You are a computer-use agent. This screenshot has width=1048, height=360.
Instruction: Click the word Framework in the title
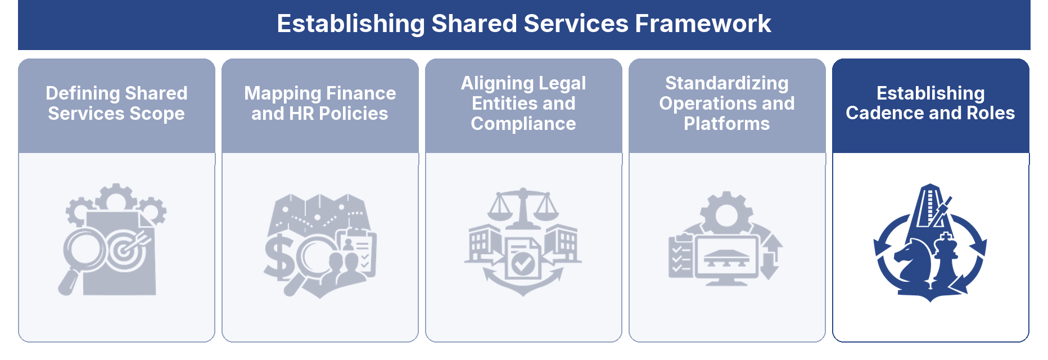point(703,24)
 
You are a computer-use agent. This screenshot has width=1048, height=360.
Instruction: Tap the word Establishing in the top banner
point(351,24)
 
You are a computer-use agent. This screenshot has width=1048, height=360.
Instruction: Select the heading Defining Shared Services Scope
point(116,103)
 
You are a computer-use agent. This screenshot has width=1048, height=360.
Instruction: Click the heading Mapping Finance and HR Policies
point(320,103)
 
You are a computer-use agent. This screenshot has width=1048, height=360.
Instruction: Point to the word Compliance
point(523,124)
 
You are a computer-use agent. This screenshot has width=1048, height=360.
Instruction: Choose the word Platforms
point(727,124)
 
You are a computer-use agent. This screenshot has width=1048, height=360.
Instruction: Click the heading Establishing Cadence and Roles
point(930,103)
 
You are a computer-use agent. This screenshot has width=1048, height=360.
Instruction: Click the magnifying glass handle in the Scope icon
point(69,282)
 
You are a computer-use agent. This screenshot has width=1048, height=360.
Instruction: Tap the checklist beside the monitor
point(681,256)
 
